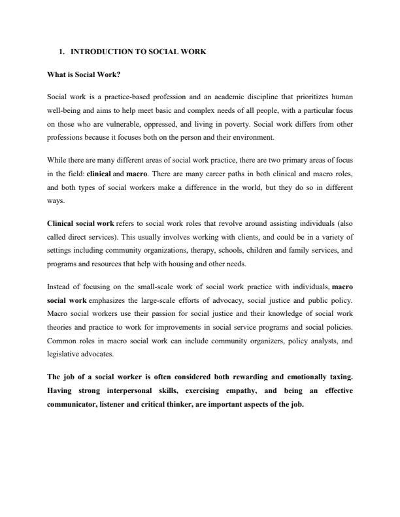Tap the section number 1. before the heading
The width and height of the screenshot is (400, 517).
(x=61, y=51)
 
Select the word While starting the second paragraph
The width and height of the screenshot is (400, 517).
(x=58, y=159)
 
